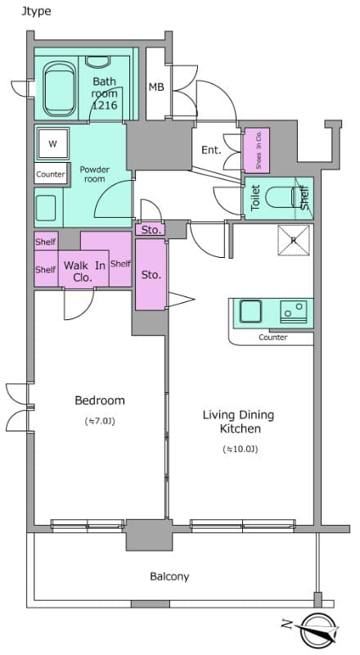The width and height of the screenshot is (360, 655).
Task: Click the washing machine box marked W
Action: (52, 144)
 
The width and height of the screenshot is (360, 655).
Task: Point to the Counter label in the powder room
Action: (51, 174)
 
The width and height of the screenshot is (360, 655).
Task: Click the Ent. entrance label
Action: (211, 150)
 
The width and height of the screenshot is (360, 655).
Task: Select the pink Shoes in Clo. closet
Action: (257, 151)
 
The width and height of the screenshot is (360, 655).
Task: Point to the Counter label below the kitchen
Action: (272, 337)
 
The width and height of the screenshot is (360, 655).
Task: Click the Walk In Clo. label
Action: (84, 271)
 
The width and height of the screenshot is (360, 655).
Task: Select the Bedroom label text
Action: (100, 400)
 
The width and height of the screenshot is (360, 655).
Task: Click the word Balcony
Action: (169, 576)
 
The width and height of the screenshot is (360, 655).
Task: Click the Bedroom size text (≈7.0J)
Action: (100, 422)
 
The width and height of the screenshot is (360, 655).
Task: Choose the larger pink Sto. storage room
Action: (151, 275)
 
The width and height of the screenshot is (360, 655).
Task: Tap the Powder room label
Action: (94, 174)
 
